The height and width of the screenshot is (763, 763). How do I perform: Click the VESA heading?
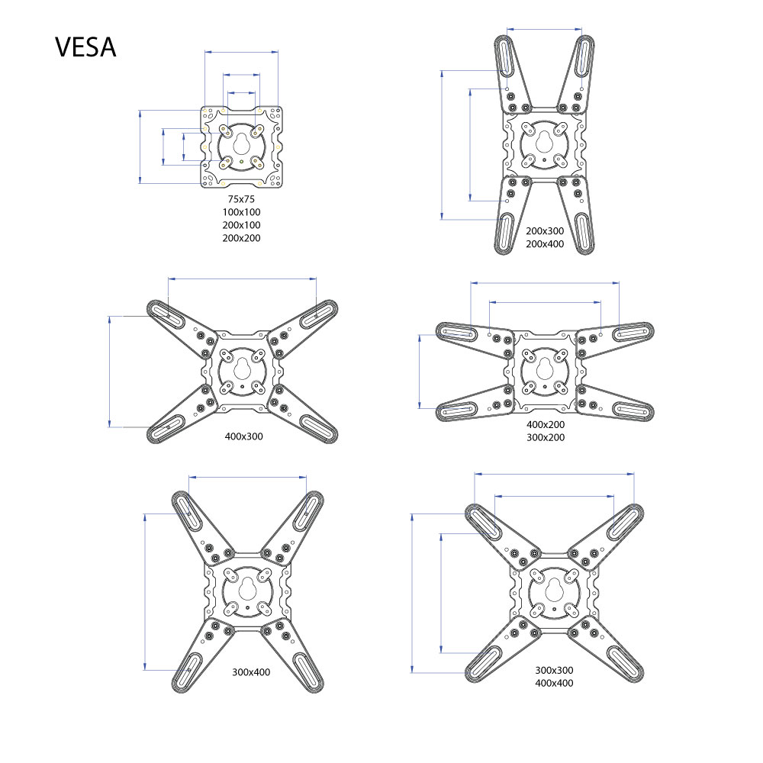coord(85,47)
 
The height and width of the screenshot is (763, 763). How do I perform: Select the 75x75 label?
coord(241,199)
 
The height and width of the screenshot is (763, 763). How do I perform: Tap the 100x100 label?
coord(241,212)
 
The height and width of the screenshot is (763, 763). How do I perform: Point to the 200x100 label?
coord(241,225)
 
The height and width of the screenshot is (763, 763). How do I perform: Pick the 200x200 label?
coord(241,238)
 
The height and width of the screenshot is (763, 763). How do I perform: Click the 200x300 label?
coord(545,231)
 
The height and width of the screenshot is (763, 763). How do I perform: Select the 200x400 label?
coord(545,244)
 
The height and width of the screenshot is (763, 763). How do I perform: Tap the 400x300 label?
coord(244,436)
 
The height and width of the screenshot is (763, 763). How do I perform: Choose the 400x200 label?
coord(546,424)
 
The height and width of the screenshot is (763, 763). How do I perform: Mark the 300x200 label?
coord(546,437)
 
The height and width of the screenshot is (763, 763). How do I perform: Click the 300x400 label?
coord(251,672)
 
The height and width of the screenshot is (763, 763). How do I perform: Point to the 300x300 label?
coord(554,670)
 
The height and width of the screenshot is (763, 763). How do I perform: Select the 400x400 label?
coord(554,683)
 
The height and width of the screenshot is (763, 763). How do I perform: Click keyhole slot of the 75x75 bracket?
coord(241,143)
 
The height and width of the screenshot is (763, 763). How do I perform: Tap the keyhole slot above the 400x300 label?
coord(242,370)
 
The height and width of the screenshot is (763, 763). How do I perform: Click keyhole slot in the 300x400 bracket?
coord(248,589)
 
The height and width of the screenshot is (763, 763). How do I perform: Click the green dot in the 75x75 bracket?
coord(241,161)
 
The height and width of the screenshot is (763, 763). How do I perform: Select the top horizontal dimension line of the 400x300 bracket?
coord(243,278)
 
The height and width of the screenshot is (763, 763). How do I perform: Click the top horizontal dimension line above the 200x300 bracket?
coord(545,29)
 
